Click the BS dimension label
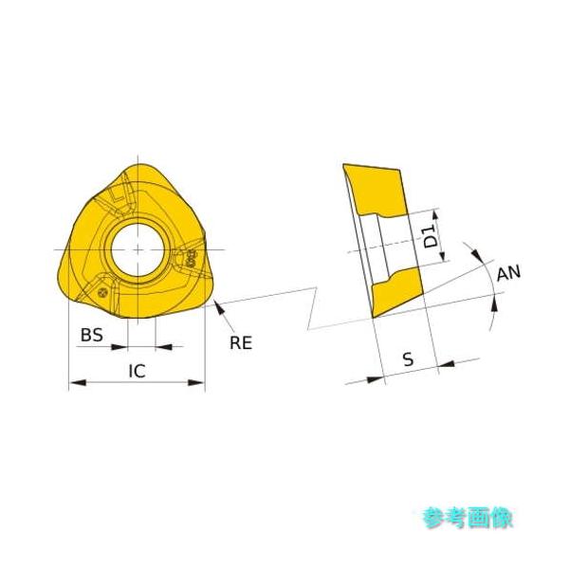pyautogui.click(x=91, y=335)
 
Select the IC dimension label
pyautogui.click(x=137, y=371)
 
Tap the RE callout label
pyautogui.click(x=241, y=342)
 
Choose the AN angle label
pyautogui.click(x=508, y=272)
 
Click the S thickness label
pyautogui.click(x=408, y=359)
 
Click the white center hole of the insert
pyautogui.click(x=137, y=248)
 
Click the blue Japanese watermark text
pyautogui.click(x=468, y=518)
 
